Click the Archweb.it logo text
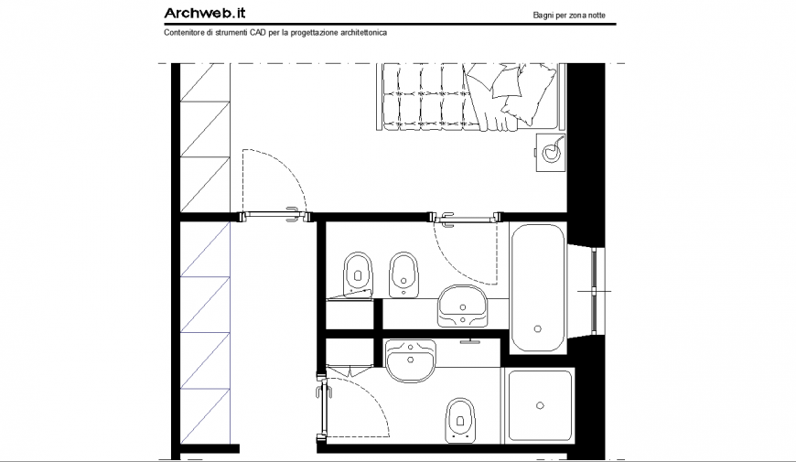click(204, 13)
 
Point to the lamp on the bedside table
click(551, 153)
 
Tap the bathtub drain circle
click(537, 328)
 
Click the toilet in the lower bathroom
click(459, 420)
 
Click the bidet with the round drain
click(403, 273)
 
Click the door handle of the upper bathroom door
click(448, 217)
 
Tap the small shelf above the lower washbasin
click(471, 341)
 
